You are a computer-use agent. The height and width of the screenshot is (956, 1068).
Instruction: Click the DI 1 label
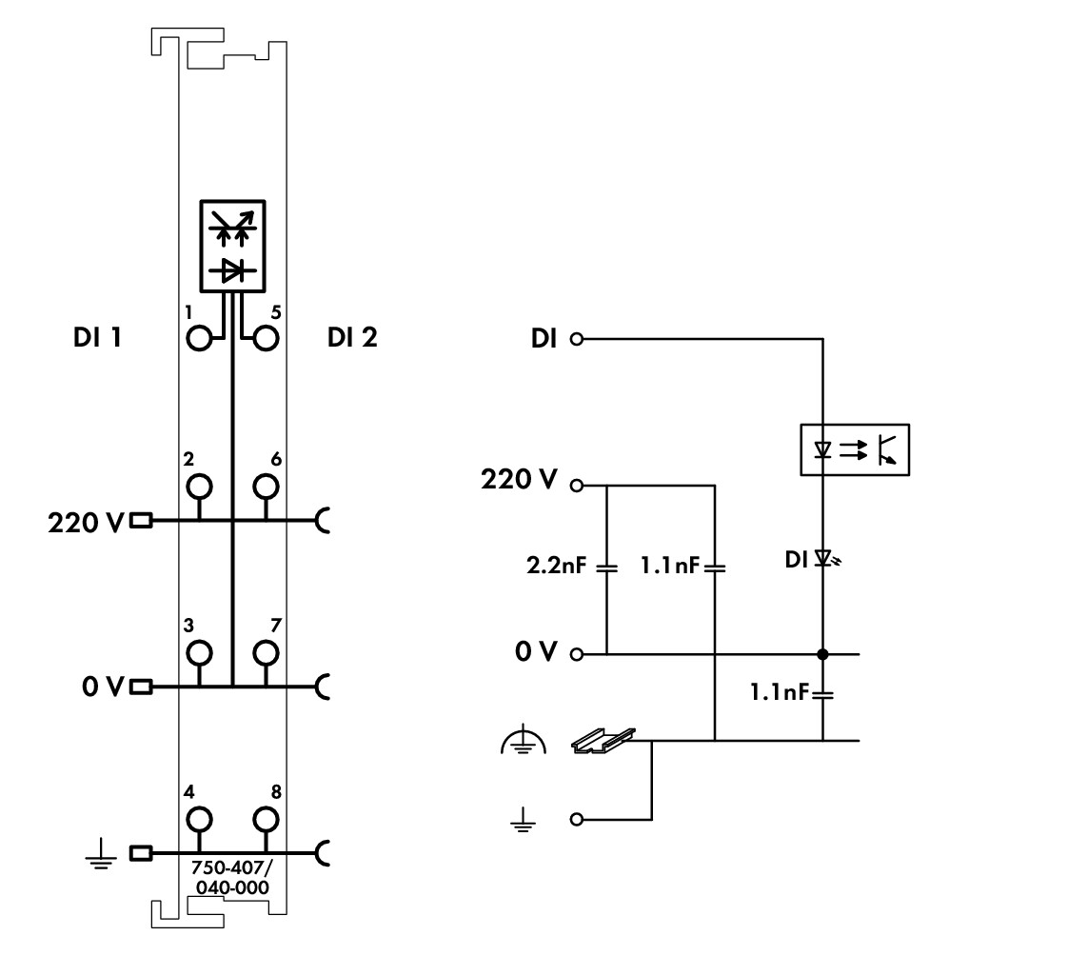pos(97,337)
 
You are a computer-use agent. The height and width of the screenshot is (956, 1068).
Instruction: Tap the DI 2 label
pos(352,337)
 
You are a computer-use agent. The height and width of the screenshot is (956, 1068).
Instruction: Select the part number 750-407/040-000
pos(232,878)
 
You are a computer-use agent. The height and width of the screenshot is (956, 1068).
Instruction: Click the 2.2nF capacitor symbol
pos(606,567)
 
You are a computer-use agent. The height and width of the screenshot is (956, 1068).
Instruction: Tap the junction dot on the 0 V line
pos(822,654)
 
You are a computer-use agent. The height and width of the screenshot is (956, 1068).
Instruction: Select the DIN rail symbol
pos(603,740)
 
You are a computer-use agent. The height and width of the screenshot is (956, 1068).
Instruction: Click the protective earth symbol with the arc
pos(524,739)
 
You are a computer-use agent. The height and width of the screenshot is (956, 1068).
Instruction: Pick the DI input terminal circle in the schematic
pos(577,339)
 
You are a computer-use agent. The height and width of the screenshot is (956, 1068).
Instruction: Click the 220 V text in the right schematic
pos(519,480)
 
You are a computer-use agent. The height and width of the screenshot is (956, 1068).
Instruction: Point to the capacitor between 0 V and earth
pos(822,695)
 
